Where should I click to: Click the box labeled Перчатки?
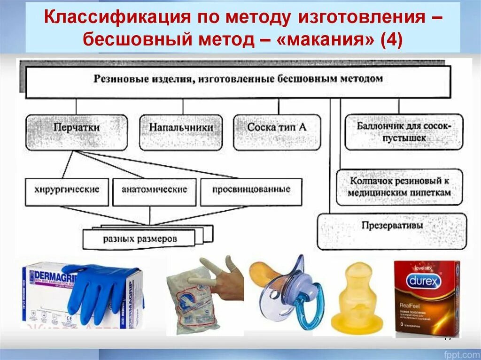pos(77,128)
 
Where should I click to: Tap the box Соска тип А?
pos(277,128)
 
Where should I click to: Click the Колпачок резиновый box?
pos(400,186)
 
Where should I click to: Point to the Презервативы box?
pos(392,226)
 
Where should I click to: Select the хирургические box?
pos(67,190)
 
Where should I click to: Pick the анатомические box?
pos(155,190)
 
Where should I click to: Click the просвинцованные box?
pos(251,190)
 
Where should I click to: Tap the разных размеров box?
pos(140,239)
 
